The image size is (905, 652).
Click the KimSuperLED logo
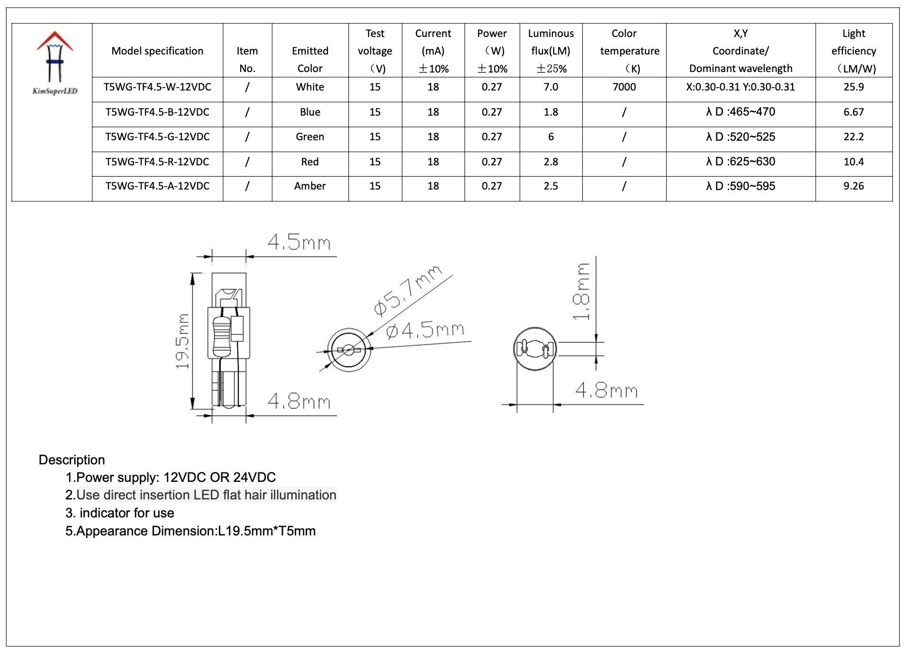[x=55, y=62]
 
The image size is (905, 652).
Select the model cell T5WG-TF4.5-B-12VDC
[x=157, y=112]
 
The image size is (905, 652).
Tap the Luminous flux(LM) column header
[x=551, y=51]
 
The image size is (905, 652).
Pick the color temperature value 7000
[x=624, y=87]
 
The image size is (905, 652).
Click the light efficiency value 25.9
[x=853, y=87]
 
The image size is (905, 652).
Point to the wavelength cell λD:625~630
[x=741, y=162]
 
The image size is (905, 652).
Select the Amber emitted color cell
[x=310, y=186]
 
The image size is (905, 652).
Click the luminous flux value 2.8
[x=551, y=162]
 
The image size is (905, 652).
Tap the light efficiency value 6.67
[x=853, y=112]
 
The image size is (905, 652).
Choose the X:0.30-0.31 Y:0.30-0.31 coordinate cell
[x=741, y=87]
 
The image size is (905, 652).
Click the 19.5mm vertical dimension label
[x=182, y=341]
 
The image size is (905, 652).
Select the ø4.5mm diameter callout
[x=425, y=330]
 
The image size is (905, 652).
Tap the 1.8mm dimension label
[x=581, y=292]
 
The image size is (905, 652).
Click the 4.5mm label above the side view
[x=299, y=243]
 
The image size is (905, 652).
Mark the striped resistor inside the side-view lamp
[x=221, y=336]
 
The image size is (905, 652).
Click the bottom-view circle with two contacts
[x=535, y=349]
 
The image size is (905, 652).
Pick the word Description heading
[x=72, y=460]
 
